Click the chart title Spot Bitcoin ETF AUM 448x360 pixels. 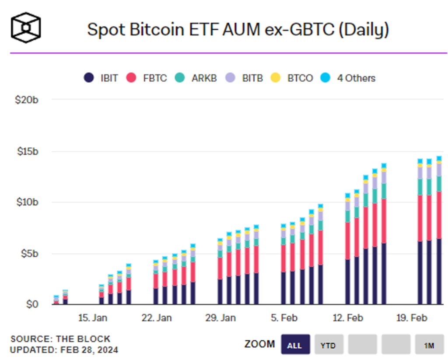pyautogui.click(x=238, y=30)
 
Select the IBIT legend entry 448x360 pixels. pyautogui.click(x=101, y=78)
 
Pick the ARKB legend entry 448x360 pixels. pyautogui.click(x=196, y=78)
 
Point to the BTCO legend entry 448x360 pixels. pyautogui.click(x=292, y=78)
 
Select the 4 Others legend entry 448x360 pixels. pyautogui.click(x=348, y=78)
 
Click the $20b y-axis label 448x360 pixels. pyautogui.click(x=27, y=100)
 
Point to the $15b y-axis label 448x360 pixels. pyautogui.click(x=27, y=151)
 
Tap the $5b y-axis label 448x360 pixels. pyautogui.click(x=29, y=254)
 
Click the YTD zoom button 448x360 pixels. pyautogui.click(x=328, y=345)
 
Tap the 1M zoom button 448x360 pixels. pyautogui.click(x=429, y=345)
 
